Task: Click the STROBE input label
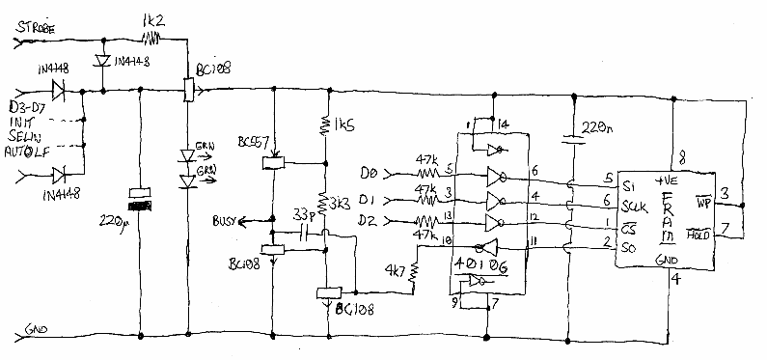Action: [43, 31]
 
